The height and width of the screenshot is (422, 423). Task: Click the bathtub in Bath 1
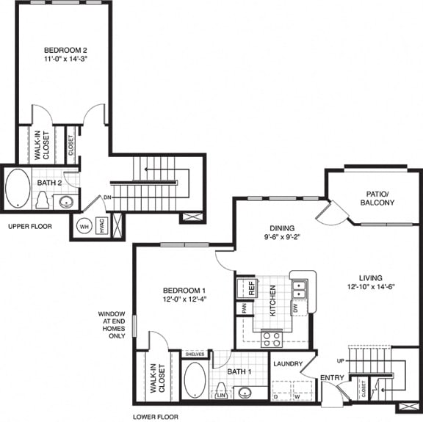point(195,379)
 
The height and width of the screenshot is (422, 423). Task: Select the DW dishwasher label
point(295,308)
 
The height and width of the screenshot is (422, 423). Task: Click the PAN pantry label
point(243,309)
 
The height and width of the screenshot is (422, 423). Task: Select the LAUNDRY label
point(287,363)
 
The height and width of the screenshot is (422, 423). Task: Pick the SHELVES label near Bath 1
point(194,354)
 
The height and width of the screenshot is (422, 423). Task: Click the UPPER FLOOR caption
point(30,227)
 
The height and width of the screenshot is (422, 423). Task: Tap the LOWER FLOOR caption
point(155,416)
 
